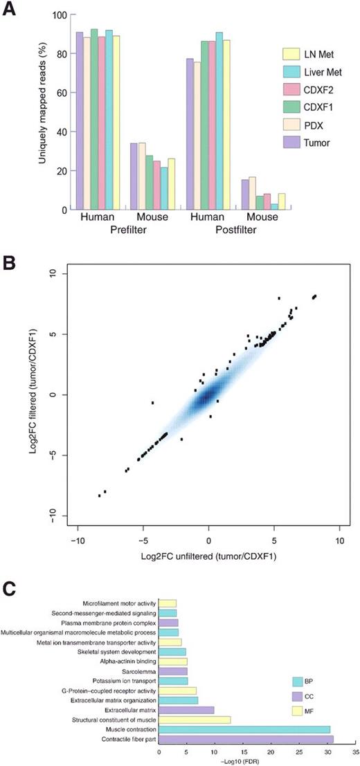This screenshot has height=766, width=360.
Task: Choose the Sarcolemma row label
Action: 137,671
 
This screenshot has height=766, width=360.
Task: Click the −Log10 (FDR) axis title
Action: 257,760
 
